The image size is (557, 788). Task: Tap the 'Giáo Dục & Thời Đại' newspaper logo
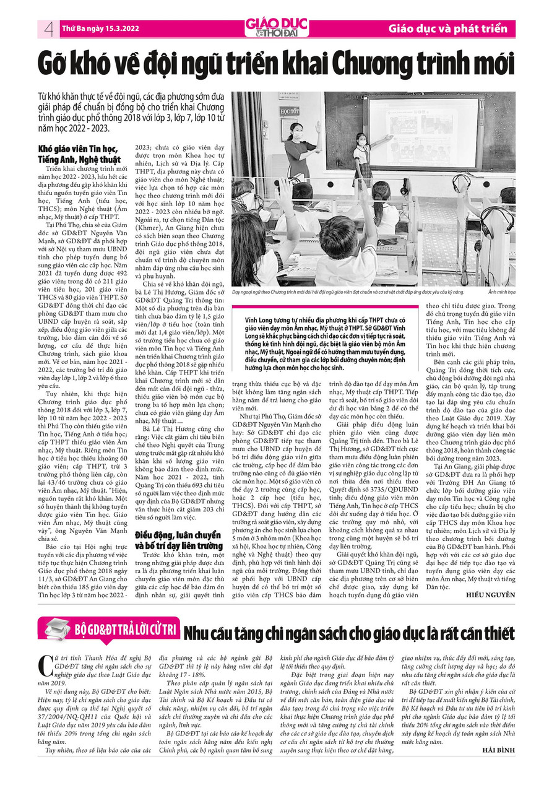pyautogui.click(x=276, y=28)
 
